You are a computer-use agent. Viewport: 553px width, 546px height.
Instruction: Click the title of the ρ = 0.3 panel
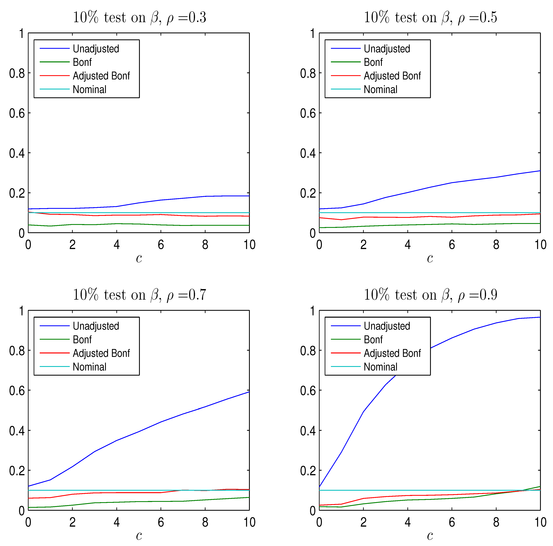[139, 17]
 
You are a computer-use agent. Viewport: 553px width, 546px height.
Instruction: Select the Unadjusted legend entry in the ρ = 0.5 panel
[387, 49]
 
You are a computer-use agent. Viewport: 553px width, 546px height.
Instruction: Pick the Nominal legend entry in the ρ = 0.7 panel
[89, 367]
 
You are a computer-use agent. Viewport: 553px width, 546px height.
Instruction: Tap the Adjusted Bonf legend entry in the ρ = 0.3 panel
[101, 76]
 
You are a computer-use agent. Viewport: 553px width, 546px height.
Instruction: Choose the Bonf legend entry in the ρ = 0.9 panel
[373, 340]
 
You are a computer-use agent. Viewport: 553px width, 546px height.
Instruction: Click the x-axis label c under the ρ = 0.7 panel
[139, 535]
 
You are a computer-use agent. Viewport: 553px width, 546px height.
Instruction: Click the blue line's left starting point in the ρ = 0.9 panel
[319, 487]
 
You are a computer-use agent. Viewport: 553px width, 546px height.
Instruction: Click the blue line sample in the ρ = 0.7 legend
[54, 326]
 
